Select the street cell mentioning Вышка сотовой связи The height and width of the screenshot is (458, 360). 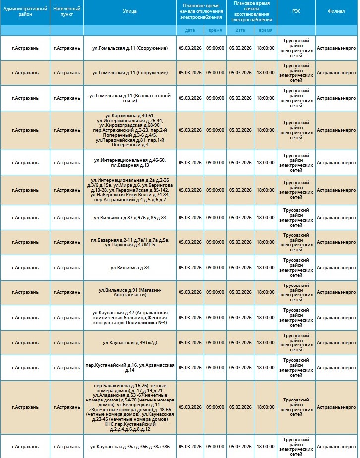(x=129, y=98)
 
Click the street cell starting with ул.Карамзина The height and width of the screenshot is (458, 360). (x=129, y=130)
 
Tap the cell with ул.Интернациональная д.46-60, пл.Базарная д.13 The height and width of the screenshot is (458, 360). (x=129, y=162)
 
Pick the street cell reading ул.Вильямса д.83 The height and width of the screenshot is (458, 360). (x=129, y=268)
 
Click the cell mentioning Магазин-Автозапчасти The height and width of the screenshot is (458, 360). (x=129, y=292)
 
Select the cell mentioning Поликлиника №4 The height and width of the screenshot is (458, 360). (x=129, y=318)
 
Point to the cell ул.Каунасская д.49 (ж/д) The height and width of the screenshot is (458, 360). (x=129, y=343)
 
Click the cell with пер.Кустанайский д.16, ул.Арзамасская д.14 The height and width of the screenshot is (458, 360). (x=129, y=368)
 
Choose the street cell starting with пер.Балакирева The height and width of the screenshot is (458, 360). (x=129, y=407)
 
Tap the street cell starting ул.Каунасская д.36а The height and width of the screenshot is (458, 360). (x=129, y=447)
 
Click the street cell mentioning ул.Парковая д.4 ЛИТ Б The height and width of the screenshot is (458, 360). (x=129, y=242)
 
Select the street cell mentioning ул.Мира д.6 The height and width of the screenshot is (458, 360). (x=129, y=190)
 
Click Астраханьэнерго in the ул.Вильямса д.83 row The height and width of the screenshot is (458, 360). (x=336, y=268)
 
